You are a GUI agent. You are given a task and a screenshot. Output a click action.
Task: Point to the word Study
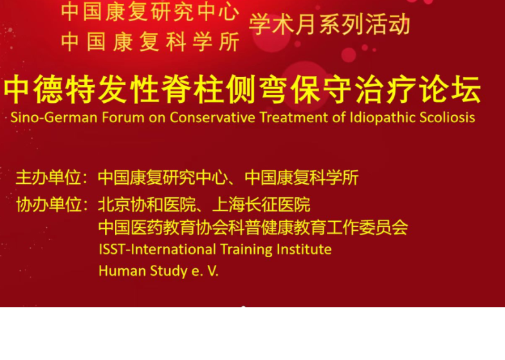click(x=169, y=271)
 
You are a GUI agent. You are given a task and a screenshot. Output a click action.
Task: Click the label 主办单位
click(x=48, y=177)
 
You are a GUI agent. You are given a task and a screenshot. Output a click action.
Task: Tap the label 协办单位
click(x=49, y=205)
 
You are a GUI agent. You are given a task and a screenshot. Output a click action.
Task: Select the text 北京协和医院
click(x=147, y=205)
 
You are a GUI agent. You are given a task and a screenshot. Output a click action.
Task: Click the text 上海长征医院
click(x=261, y=205)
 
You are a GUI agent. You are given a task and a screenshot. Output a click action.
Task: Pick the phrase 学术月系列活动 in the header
click(x=329, y=25)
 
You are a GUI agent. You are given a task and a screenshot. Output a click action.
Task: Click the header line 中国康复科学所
click(x=150, y=42)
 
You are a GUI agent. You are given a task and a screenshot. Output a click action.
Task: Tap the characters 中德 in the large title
click(x=33, y=90)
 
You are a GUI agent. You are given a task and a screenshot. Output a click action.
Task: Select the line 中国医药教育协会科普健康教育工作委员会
click(x=253, y=228)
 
